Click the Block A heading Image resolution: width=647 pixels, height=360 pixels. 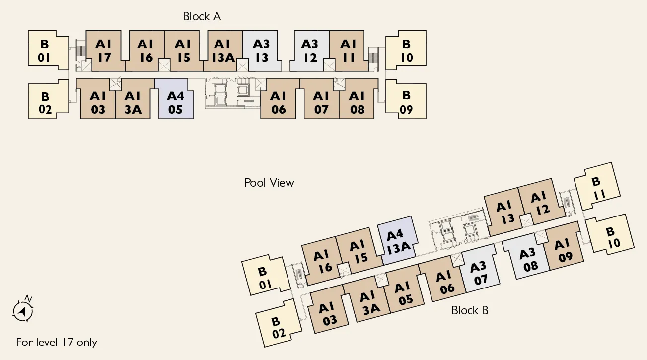click(x=202, y=16)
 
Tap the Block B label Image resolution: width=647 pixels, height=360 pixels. click(x=470, y=310)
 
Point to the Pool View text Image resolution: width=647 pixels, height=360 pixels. click(x=269, y=183)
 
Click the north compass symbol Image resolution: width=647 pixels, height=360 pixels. click(x=23, y=309)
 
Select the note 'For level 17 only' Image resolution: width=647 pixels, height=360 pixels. click(x=57, y=342)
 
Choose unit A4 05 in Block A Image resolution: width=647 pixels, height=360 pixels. click(x=175, y=99)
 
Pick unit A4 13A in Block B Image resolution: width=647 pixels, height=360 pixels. click(x=397, y=240)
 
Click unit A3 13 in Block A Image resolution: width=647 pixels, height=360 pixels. click(x=261, y=51)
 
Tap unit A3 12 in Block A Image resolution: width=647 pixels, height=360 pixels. click(x=310, y=51)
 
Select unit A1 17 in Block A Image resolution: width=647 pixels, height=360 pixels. click(x=104, y=51)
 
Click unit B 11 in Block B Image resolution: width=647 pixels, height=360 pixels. click(x=597, y=186)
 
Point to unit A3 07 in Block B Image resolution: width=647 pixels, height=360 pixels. click(x=480, y=268)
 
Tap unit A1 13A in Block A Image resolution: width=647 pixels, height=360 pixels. click(x=222, y=51)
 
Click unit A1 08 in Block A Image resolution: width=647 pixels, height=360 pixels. click(x=358, y=99)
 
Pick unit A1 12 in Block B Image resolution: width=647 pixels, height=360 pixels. click(x=541, y=202)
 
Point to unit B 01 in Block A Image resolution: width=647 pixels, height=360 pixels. click(x=46, y=50)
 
